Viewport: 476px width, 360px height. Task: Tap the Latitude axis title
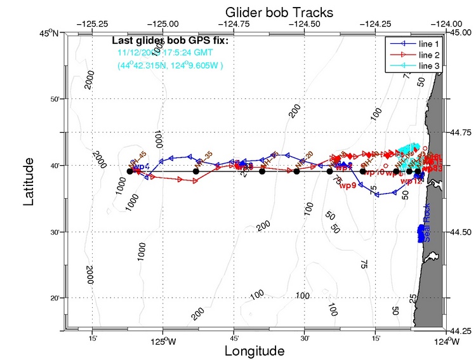point(28,182)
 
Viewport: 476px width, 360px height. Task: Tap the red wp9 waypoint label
point(347,186)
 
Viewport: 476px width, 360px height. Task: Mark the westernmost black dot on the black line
point(129,171)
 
